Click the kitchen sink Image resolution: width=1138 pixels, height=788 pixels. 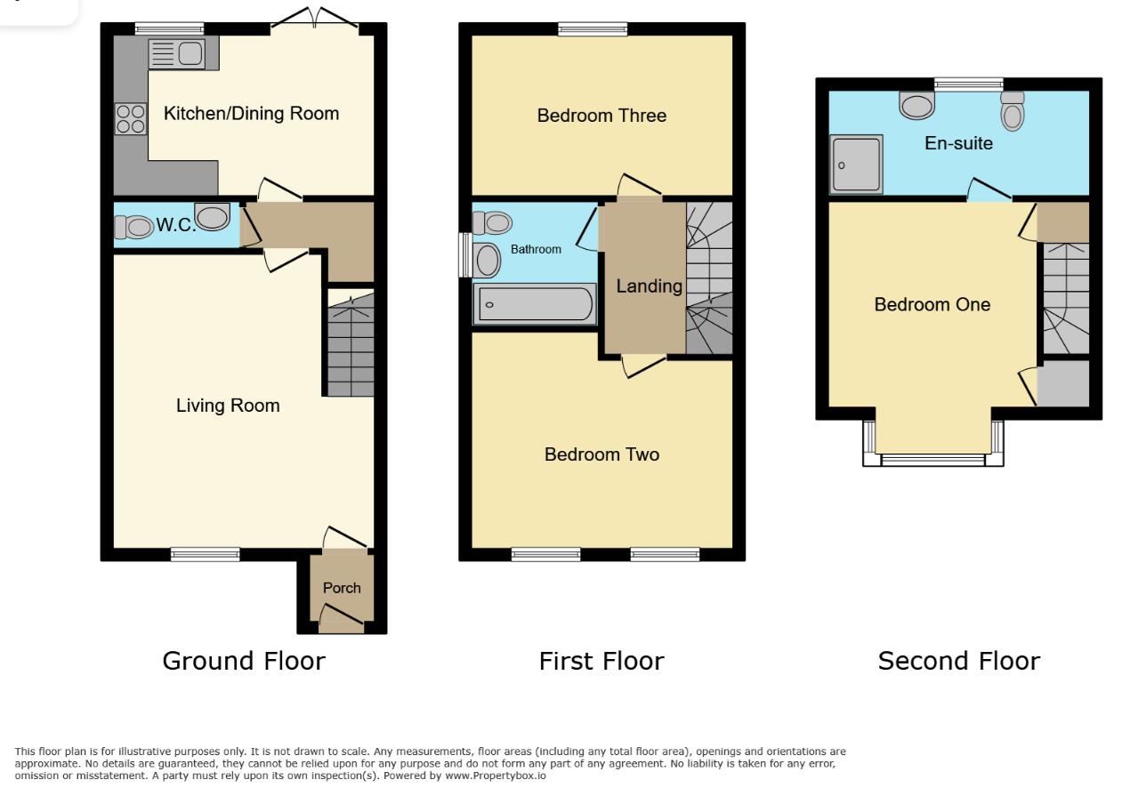point(177,54)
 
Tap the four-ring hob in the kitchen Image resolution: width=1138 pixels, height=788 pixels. point(130,119)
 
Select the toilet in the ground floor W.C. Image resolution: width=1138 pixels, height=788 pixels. point(134,227)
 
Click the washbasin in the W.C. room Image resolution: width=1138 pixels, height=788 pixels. point(213,216)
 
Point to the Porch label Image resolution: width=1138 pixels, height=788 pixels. point(342,588)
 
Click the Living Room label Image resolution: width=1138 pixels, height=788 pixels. point(228,406)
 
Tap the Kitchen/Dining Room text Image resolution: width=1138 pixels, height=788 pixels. point(251,113)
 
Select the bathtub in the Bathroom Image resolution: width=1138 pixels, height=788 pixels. point(535,303)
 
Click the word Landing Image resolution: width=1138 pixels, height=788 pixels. point(650,286)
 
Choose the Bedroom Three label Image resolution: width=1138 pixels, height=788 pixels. point(601,116)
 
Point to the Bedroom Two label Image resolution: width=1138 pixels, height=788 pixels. point(601,454)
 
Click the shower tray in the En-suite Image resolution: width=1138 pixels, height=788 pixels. point(856,164)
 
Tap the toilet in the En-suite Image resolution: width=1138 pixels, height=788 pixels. point(1013,111)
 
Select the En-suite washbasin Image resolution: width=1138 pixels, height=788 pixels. point(916,106)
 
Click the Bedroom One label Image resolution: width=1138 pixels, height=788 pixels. point(932,304)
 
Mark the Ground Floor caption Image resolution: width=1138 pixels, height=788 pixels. point(244,661)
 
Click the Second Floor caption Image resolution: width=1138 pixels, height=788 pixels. point(958,661)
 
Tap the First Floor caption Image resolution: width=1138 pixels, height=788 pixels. point(601,661)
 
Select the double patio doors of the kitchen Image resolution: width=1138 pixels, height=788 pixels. point(315,20)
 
